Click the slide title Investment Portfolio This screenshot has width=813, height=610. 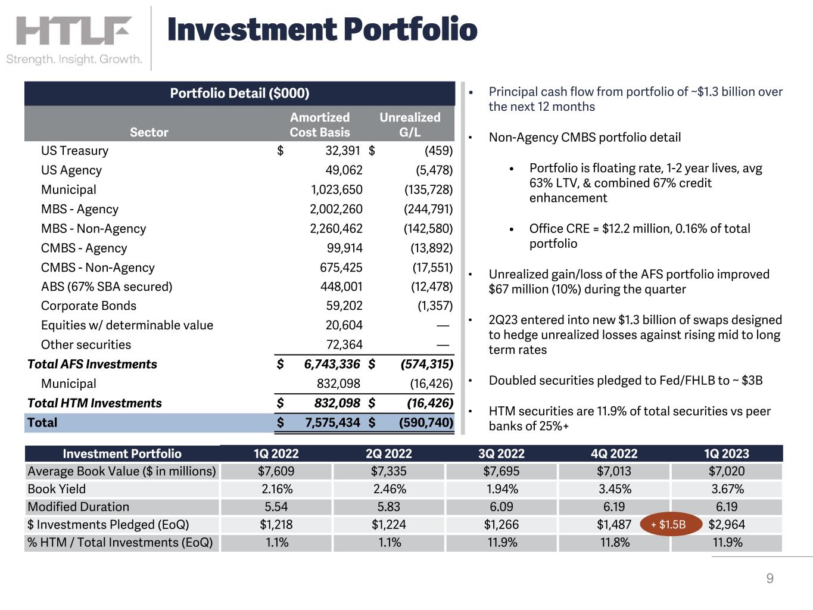(x=322, y=30)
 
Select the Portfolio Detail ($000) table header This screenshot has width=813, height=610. (x=239, y=94)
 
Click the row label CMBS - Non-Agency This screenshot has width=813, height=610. (x=98, y=267)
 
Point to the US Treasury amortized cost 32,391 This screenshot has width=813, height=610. (x=342, y=151)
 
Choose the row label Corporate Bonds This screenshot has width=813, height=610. (x=88, y=306)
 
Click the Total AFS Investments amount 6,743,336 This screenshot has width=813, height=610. (x=332, y=364)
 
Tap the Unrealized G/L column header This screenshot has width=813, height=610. (x=410, y=125)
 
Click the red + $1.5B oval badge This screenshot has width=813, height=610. (x=668, y=525)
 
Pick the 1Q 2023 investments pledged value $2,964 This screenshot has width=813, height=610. (x=727, y=525)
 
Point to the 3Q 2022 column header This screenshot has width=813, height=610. (x=501, y=453)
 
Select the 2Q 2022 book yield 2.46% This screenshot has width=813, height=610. (x=389, y=489)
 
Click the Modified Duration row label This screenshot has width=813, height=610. (x=78, y=507)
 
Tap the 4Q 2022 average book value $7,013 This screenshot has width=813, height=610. (x=614, y=471)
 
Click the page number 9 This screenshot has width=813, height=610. (x=770, y=578)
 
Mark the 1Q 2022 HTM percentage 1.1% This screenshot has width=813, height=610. (x=276, y=543)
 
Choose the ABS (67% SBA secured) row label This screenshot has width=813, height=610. (x=107, y=287)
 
